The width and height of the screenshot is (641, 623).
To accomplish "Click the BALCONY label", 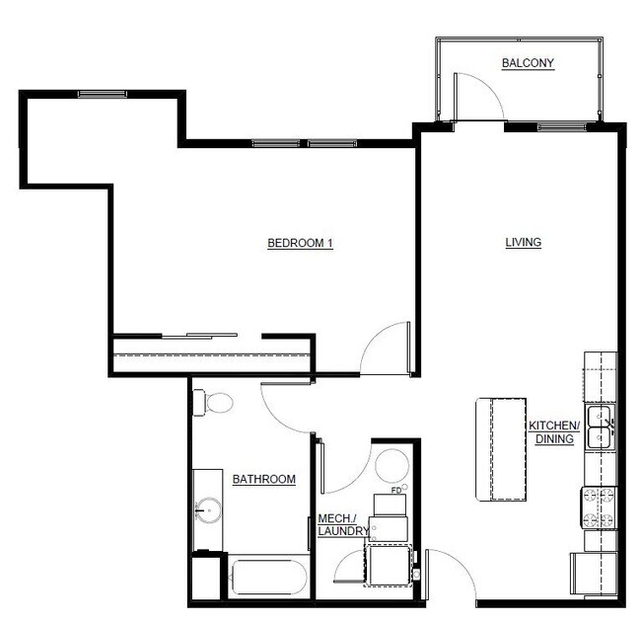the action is click(528, 63).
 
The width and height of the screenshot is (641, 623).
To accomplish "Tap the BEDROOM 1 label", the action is click(300, 243).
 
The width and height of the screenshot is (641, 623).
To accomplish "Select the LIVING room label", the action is click(524, 242).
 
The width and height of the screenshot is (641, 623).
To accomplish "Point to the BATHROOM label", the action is click(263, 479).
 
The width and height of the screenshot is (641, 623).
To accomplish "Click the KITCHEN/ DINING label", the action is click(554, 432).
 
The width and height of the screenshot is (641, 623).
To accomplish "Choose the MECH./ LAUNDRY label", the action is click(343, 524).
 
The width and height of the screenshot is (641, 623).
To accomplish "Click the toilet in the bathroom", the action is click(213, 403).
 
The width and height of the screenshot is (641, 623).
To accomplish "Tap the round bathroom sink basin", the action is click(208, 510).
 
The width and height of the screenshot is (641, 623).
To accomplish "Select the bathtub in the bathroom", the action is click(269, 577).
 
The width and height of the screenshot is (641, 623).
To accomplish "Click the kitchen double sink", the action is click(601, 428).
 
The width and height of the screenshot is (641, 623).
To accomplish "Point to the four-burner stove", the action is click(600, 508).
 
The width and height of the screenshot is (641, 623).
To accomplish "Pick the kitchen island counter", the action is click(501, 449).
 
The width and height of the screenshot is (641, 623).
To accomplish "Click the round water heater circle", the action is click(392, 466).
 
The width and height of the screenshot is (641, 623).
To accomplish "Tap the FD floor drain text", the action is click(396, 491).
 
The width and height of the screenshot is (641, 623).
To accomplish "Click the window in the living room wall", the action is click(562, 126).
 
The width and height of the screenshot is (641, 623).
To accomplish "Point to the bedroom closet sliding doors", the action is click(199, 337).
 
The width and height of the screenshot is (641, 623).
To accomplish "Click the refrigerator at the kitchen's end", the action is click(593, 574).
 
